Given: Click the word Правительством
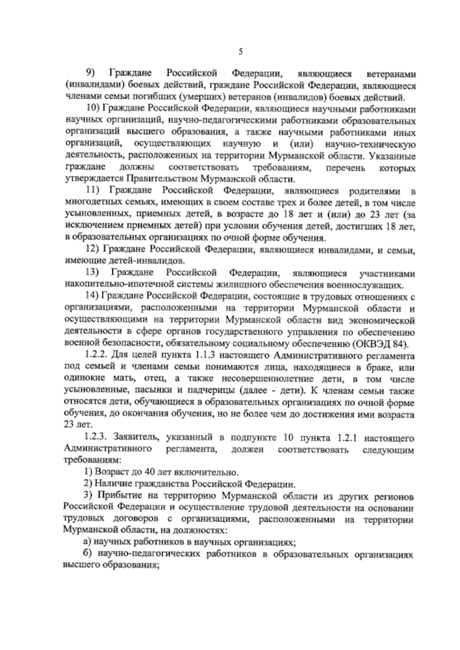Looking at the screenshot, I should [x=164, y=179].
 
